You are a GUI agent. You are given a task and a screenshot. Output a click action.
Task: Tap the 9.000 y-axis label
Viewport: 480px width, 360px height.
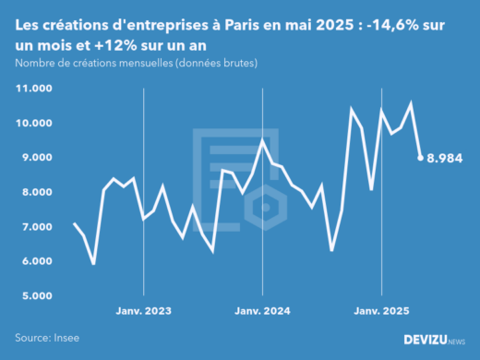coord(36,158)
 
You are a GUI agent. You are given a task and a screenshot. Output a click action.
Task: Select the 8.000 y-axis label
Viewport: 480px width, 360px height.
coord(36,192)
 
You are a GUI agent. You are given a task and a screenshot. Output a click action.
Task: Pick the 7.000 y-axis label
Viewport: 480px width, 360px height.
coord(36,227)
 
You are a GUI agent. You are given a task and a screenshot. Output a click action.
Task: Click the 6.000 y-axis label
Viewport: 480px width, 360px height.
coord(36,261)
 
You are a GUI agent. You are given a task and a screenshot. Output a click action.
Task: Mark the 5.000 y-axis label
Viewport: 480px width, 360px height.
coord(36,296)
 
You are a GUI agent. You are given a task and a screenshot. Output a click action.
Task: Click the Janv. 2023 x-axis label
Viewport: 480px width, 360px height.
coord(143,311)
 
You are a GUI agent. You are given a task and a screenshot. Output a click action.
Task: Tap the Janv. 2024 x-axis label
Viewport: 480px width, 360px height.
coord(263,311)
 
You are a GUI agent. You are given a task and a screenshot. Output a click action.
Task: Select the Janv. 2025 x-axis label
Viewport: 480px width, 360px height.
coord(383,311)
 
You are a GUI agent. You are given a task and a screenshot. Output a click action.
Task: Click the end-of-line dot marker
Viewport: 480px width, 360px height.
coord(421,158)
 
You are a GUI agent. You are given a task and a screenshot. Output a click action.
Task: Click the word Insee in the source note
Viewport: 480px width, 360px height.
coord(66,339)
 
